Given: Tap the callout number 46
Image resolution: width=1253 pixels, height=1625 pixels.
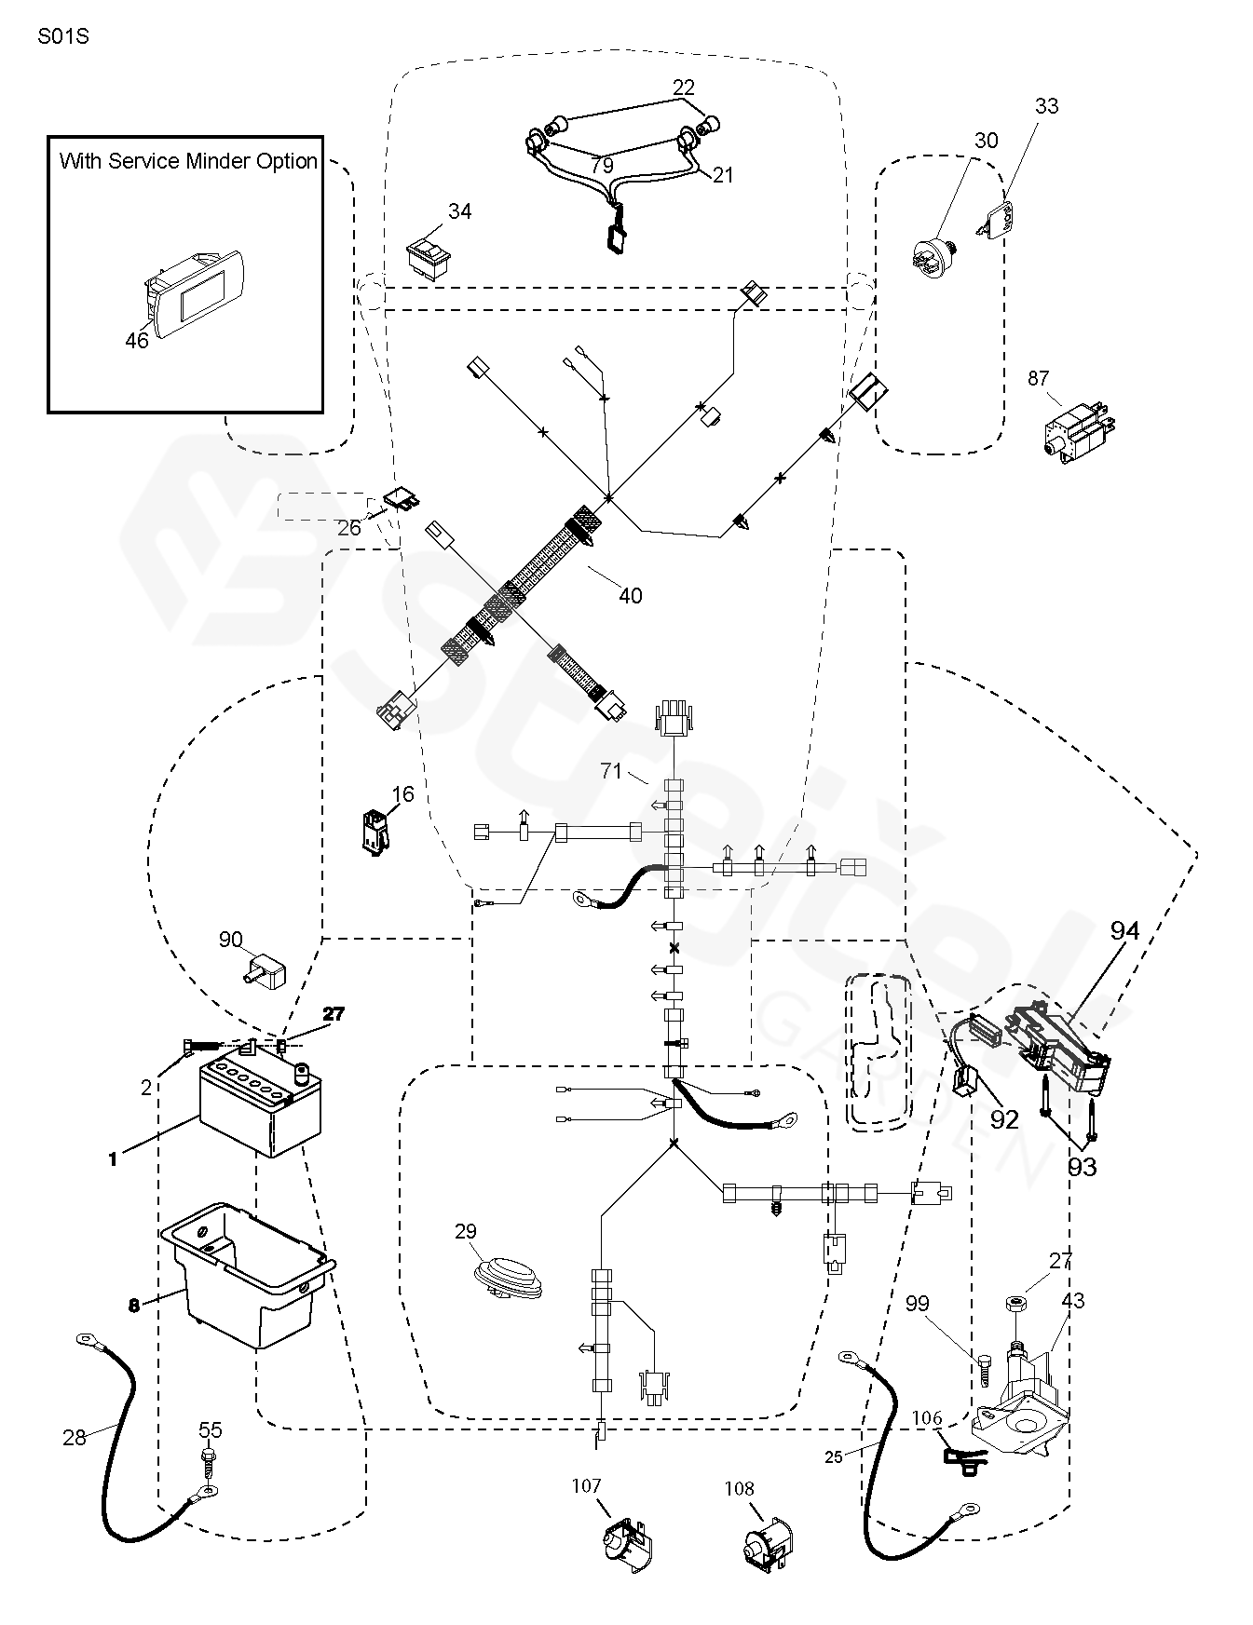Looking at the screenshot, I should coord(137,341).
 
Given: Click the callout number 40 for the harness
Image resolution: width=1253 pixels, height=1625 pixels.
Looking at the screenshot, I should coord(631,596).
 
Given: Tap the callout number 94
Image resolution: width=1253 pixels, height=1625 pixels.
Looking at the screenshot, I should coord(1124,930).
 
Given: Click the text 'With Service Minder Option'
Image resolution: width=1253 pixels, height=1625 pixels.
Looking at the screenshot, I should coord(188,161).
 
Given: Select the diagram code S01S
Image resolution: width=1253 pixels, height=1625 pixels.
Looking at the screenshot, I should coord(63,38).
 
